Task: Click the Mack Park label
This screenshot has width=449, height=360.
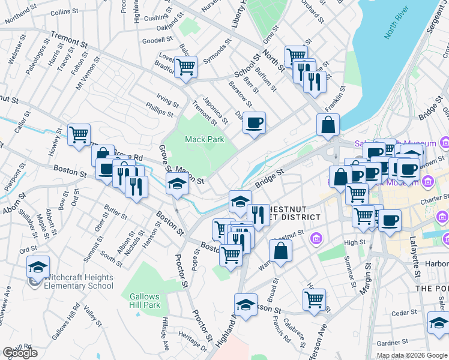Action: pyautogui.click(x=204, y=139)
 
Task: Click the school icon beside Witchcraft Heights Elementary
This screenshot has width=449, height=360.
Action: pyautogui.click(x=38, y=266)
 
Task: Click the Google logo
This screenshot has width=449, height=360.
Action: pyautogui.click(x=20, y=353)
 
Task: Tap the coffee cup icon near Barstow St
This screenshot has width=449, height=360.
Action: pyautogui.click(x=254, y=123)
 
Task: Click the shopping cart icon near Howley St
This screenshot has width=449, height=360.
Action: pyautogui.click(x=79, y=134)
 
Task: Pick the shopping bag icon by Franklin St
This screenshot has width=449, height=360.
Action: pyautogui.click(x=328, y=125)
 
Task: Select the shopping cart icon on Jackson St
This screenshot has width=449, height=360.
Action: pyautogui.click(x=315, y=299)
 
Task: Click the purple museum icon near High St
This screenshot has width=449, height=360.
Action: pyautogui.click(x=316, y=240)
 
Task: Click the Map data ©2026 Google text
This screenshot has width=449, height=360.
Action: pyautogui.click(x=411, y=355)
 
